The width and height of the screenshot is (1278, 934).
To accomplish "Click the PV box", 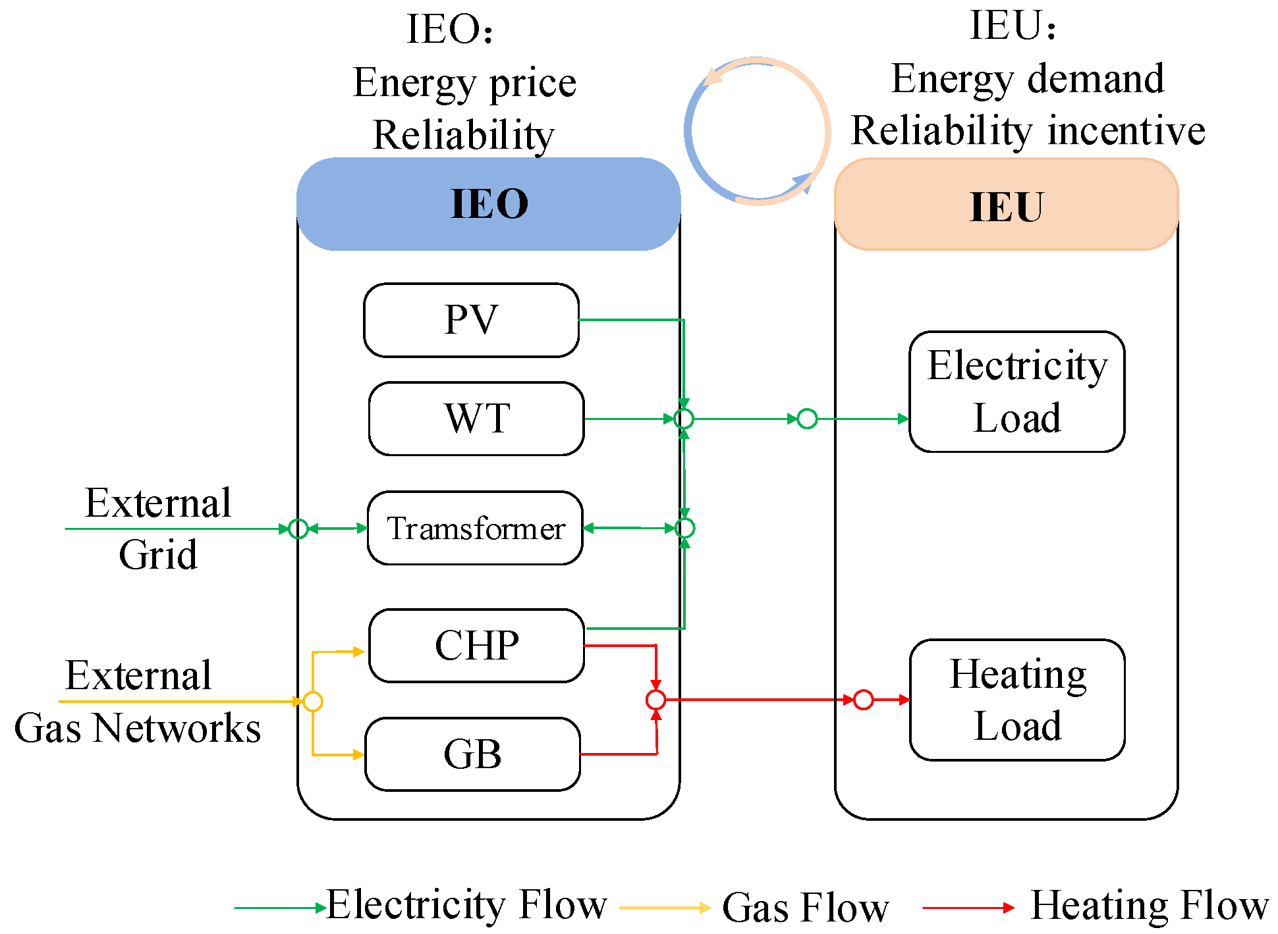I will click(471, 321).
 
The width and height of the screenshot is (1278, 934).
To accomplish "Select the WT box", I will click(476, 419).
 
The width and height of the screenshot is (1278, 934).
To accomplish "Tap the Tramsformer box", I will click(475, 528).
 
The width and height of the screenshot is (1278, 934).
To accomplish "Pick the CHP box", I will click(476, 645).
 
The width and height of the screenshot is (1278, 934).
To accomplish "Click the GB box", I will click(472, 754).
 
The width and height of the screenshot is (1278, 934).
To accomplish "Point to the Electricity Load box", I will click(1016, 392).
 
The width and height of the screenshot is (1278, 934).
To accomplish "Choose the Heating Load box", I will click(1016, 700).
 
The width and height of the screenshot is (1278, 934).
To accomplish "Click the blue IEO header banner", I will click(488, 204).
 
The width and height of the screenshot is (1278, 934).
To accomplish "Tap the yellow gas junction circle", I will click(313, 702).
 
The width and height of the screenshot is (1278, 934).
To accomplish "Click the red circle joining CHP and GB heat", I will click(655, 700).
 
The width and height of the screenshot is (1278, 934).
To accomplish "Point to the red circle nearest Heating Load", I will click(863, 700).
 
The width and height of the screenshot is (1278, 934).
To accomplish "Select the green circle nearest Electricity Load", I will click(807, 419).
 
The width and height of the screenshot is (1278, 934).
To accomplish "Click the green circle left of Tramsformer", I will click(298, 529).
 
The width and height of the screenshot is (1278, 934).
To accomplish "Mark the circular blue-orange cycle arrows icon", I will click(757, 131).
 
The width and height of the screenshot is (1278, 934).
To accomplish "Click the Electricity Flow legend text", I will click(466, 905).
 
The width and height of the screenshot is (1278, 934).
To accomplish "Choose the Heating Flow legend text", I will click(1149, 906).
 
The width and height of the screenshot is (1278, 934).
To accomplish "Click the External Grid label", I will click(158, 529).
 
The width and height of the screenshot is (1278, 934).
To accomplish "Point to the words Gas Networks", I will click(137, 729).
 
